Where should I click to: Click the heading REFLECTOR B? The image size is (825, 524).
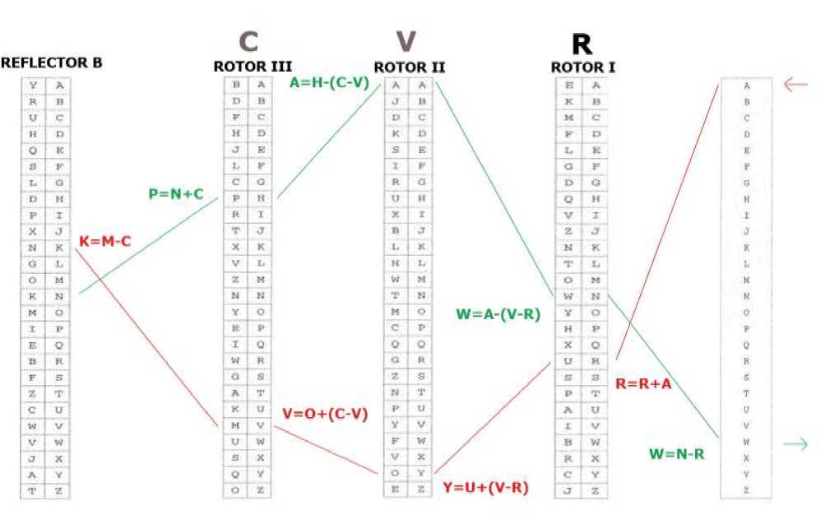pyautogui.click(x=51, y=63)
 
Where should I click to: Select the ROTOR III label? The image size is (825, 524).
pyautogui.click(x=253, y=67)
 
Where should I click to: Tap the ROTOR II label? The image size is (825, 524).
pyautogui.click(x=410, y=67)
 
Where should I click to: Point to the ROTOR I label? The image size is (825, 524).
pyautogui.click(x=583, y=67)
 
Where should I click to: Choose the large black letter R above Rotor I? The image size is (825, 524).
pyautogui.click(x=582, y=44)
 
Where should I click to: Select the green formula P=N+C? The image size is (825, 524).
pyautogui.click(x=176, y=195)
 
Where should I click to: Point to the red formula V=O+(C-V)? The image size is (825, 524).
pyautogui.click(x=324, y=413)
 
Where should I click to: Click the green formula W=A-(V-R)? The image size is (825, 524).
pyautogui.click(x=497, y=313)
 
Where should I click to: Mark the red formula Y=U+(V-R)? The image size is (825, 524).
pyautogui.click(x=485, y=488)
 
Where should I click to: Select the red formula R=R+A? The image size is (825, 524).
pyautogui.click(x=643, y=383)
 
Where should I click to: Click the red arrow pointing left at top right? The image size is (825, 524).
pyautogui.click(x=795, y=85)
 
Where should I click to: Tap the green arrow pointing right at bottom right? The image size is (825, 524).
pyautogui.click(x=795, y=444)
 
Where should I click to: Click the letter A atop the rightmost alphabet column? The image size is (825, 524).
pyautogui.click(x=746, y=86)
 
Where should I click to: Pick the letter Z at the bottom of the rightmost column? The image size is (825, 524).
pyautogui.click(x=746, y=490)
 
